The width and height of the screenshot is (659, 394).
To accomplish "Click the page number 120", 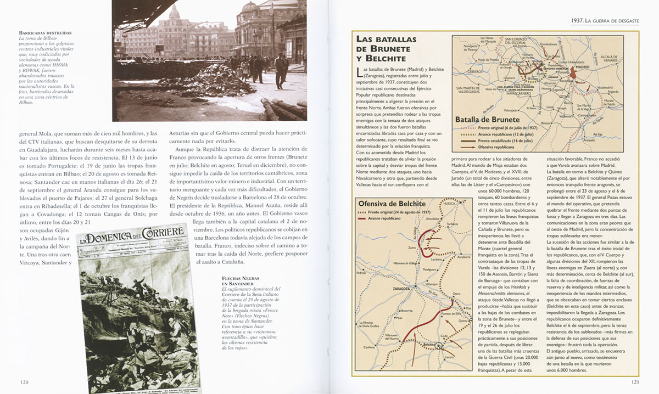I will tap(24, 382).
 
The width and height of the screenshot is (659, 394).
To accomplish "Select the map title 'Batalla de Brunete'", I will tap(487, 119).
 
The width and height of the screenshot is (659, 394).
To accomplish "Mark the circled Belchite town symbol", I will tap(441, 345).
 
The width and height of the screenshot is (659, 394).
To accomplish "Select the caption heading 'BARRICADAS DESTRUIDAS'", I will tap(45, 33).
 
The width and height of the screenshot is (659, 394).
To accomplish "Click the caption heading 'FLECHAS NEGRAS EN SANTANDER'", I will tap(239, 280).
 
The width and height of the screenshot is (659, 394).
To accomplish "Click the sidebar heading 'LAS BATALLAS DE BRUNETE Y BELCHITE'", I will tap(387, 48).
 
